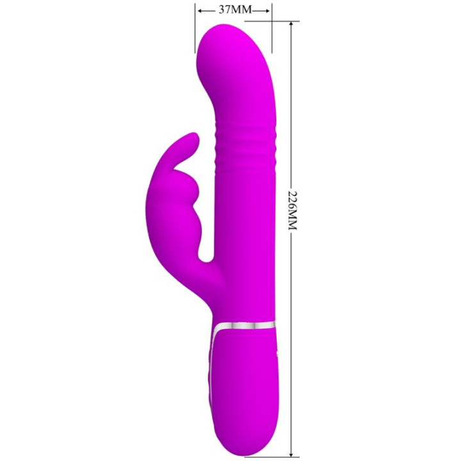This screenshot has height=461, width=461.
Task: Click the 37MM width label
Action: [234, 10]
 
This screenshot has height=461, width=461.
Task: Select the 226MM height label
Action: [293, 211]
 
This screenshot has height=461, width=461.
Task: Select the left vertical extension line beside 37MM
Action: [195, 29]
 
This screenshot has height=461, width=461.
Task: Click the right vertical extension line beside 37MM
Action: [273, 29]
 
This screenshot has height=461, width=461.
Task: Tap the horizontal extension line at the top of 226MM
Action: [282, 21]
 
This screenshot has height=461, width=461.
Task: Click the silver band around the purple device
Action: [247, 324]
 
